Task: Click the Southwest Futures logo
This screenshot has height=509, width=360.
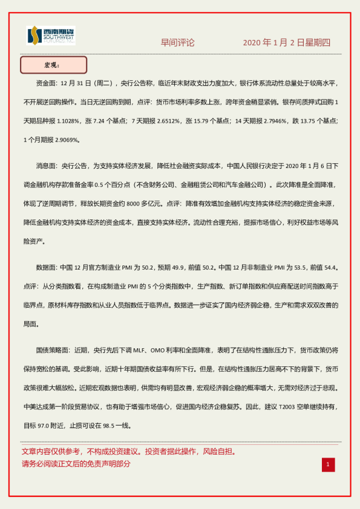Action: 51,36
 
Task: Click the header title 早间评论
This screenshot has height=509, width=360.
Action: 178,43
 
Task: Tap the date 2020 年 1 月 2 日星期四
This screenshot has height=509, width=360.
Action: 286,43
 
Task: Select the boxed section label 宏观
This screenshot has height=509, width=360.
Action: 53,65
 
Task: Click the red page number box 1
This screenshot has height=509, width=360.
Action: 327,464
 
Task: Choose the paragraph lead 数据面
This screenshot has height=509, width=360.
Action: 47,268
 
